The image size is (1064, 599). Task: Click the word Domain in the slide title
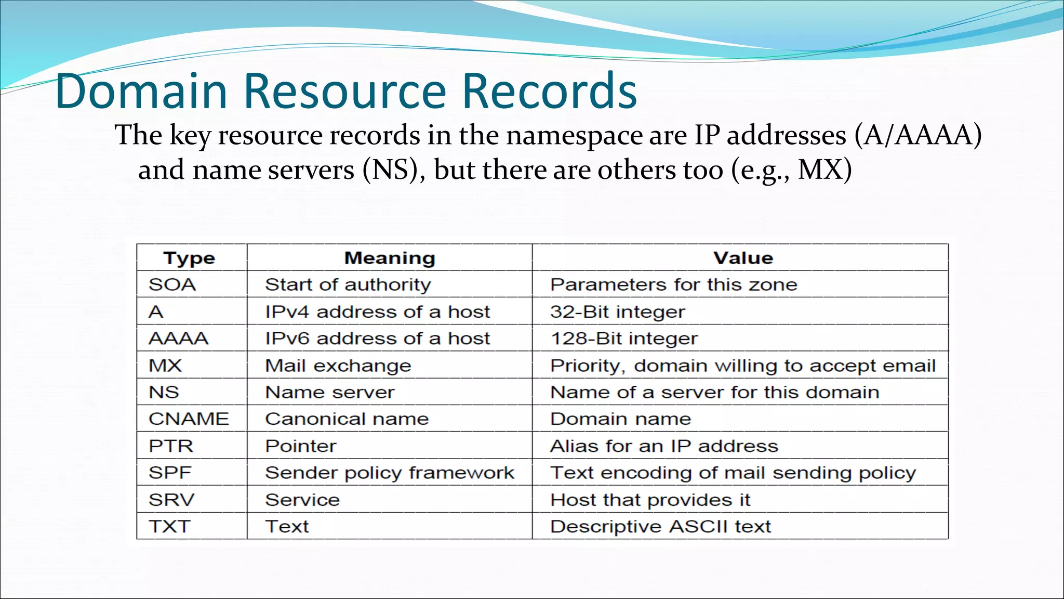coord(141,91)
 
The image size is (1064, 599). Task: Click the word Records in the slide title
coord(549,91)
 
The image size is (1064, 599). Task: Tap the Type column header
coord(189,258)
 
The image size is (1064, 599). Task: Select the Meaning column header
coord(390,258)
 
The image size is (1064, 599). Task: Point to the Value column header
coord(743,258)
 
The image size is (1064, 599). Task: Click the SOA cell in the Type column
coord(172,284)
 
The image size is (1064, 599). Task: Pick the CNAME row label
coord(189,419)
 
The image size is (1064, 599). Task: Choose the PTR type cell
coord(171,446)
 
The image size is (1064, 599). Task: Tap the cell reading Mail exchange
coord(338,366)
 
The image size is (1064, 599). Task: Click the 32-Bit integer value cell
coord(618,311)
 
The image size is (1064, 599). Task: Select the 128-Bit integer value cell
coord(624,338)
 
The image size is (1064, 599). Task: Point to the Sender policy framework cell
coord(390,473)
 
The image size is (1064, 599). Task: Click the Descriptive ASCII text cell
coord(660,526)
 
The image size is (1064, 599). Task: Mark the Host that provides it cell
coord(650,500)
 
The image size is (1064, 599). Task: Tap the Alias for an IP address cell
coord(664,446)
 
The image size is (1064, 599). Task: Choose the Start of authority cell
coord(348,284)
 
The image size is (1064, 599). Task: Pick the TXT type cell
coord(169,526)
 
